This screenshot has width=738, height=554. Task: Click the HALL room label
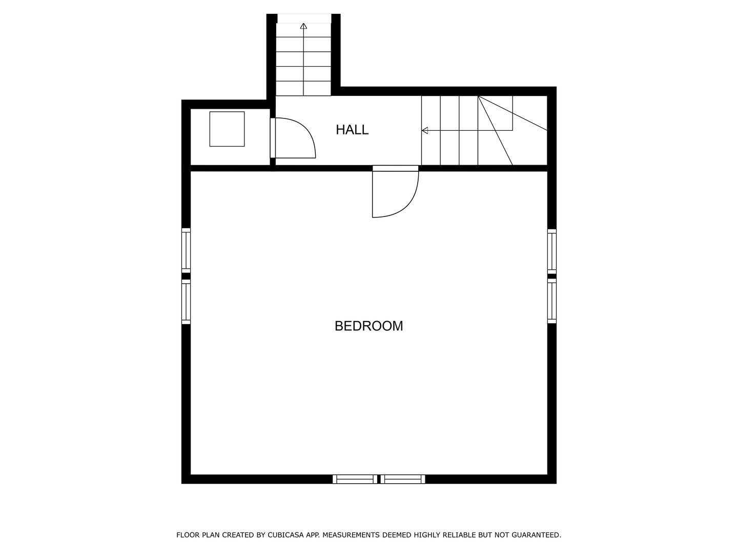352,130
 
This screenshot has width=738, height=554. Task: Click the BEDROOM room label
368,326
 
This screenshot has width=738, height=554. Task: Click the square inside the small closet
227,129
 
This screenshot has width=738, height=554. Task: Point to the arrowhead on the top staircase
303,26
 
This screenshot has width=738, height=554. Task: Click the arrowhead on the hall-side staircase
424,131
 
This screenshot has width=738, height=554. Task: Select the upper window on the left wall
186,250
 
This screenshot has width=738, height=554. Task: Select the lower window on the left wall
186,302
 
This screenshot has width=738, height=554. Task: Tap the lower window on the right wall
552,301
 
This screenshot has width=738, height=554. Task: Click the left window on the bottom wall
355,479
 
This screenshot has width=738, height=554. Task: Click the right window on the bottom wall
403,479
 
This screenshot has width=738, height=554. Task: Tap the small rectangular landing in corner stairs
495,113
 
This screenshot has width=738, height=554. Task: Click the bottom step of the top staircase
303,88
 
